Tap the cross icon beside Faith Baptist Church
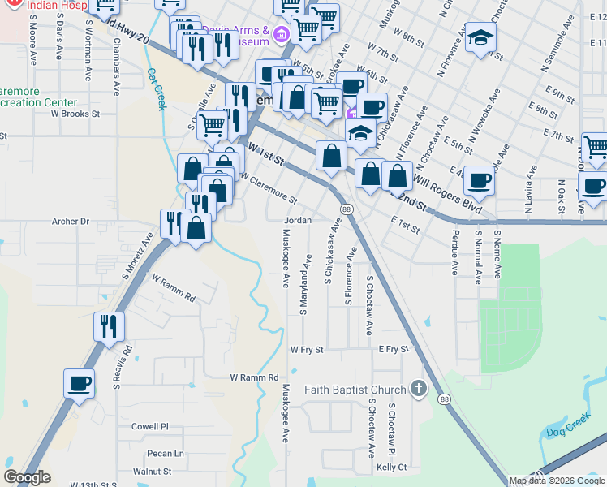[x=418, y=389]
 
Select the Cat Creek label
[x=156, y=88]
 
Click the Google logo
[x=27, y=477]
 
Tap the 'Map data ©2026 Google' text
[x=557, y=481]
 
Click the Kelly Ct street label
[x=391, y=467]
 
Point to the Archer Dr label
[x=70, y=221]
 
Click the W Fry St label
[x=307, y=350]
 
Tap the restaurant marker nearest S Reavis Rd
[x=109, y=327]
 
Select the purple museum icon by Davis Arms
[x=282, y=33]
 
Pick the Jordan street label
[x=298, y=220]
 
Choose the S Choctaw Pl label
[x=391, y=430]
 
